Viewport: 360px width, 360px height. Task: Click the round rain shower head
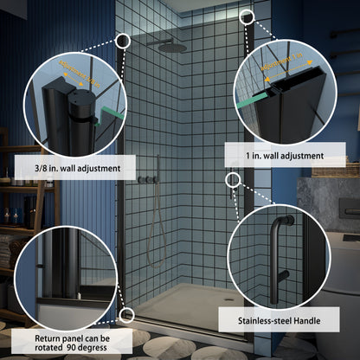170,48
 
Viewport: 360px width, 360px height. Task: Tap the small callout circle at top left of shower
122,40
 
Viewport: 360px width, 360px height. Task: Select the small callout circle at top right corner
247,16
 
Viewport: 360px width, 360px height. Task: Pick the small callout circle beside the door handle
232,179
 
